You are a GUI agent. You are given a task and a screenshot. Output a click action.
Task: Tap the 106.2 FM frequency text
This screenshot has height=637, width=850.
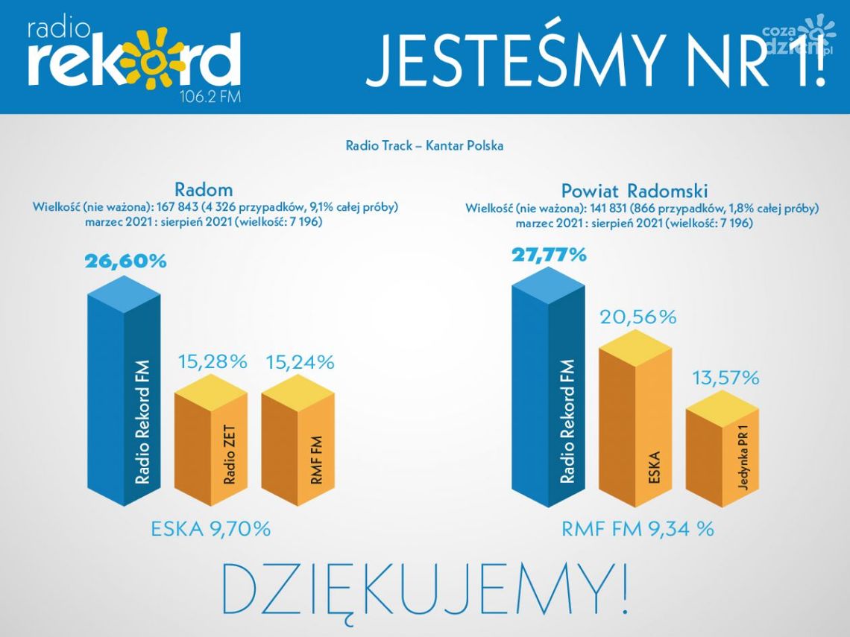[x=210, y=96]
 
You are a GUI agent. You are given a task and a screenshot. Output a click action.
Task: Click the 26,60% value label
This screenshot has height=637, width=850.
[x=125, y=262]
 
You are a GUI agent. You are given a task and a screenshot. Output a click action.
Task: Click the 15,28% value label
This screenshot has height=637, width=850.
[x=212, y=363]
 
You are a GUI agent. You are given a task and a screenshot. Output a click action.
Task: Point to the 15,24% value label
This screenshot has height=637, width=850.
[x=300, y=363]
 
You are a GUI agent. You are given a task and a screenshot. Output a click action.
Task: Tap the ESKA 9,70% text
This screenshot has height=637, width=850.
[x=210, y=530]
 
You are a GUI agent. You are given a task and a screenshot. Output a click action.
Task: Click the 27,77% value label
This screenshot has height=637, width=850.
[x=549, y=255]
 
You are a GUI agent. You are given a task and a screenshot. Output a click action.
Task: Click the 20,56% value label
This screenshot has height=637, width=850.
[x=638, y=317]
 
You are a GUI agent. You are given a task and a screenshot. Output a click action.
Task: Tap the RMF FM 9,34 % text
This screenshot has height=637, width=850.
[x=637, y=529]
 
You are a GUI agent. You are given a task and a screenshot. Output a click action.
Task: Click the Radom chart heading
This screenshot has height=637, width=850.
[x=204, y=189]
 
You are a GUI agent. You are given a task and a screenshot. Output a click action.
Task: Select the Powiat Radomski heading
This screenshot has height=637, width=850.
[x=635, y=190]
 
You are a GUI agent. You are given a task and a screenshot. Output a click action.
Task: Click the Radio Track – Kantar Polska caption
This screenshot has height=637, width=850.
[x=424, y=145]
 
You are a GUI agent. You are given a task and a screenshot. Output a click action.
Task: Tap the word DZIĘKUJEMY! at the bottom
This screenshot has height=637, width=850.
[x=425, y=589]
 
